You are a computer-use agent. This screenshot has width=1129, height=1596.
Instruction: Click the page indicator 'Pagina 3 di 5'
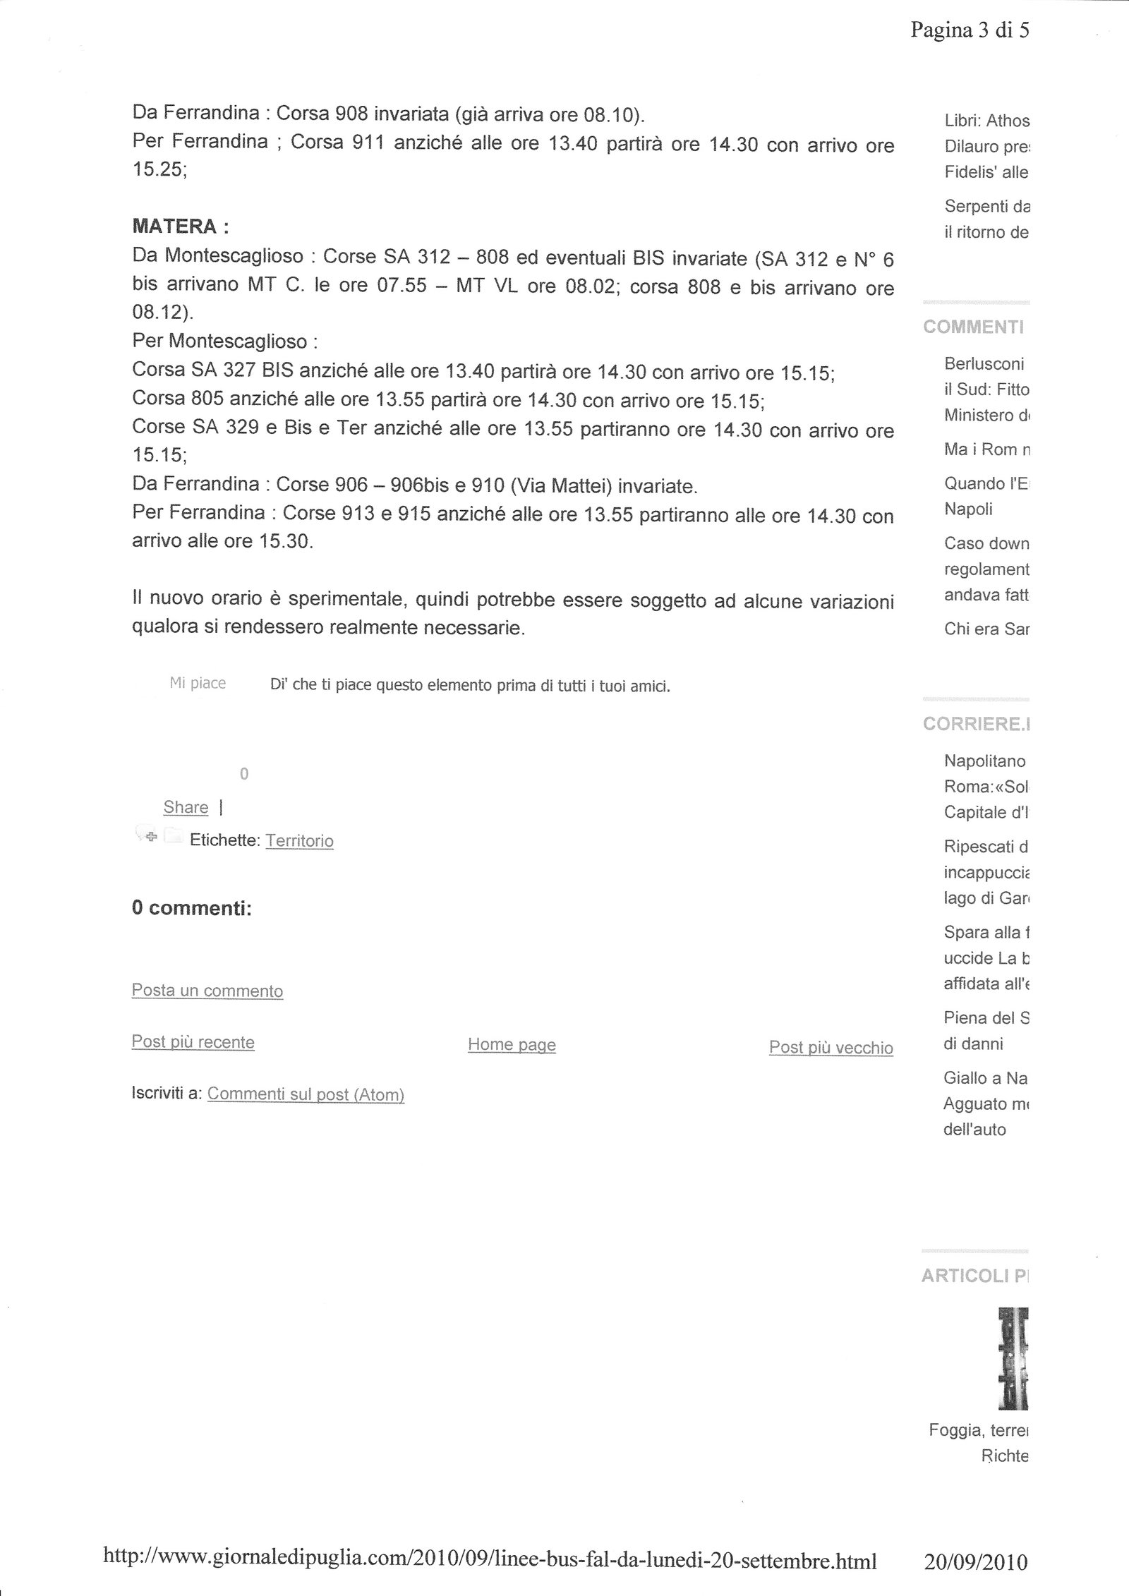pos(970,30)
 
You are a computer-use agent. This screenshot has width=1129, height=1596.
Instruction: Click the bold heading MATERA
pos(180,226)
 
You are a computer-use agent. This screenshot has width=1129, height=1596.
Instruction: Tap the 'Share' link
pos(186,807)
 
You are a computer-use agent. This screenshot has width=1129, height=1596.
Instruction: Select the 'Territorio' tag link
pos(299,840)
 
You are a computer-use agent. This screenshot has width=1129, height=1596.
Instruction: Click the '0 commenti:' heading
pos(191,908)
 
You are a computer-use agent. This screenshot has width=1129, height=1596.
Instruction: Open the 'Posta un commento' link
pos(207,991)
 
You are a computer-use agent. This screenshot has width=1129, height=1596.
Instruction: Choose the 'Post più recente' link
pos(193,1042)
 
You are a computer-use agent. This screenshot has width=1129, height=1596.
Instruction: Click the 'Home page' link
pos(512,1045)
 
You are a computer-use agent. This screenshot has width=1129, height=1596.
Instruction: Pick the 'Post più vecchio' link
pos(831,1048)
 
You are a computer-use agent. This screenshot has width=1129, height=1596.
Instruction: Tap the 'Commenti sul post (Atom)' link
pos(306,1094)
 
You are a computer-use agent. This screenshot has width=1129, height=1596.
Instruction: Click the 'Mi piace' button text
pos(198,683)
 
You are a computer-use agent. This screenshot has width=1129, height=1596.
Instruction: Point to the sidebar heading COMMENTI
pos(973,327)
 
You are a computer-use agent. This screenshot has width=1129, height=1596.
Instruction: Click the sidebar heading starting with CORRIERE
pos(976,725)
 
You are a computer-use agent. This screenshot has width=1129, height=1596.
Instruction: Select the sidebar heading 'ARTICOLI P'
pos(974,1275)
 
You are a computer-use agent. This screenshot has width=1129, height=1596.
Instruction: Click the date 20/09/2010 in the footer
pos(976,1561)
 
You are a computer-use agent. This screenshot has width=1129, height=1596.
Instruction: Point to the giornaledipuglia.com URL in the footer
pos(490,1559)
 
